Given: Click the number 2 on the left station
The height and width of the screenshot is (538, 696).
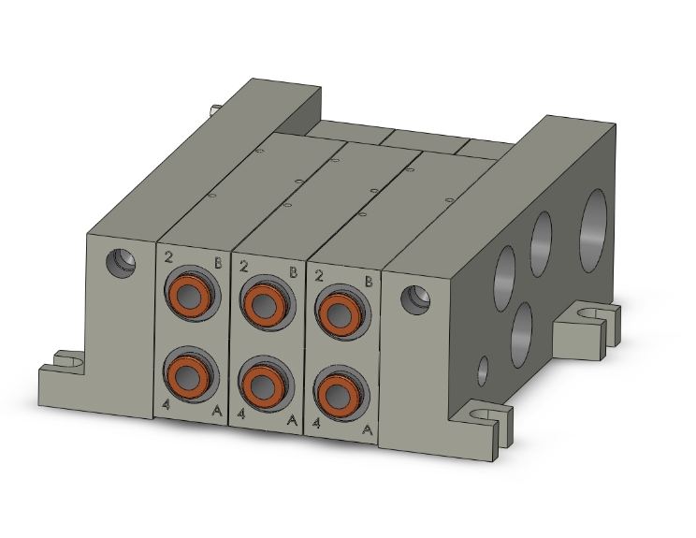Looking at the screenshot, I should (168, 256).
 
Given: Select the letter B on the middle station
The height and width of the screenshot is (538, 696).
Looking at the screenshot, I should (293, 271).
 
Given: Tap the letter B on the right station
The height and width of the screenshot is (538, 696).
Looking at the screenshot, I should (369, 280).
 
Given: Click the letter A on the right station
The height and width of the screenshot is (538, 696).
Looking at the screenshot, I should (368, 429).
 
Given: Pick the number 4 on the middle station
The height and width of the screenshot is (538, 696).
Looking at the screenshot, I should (242, 413).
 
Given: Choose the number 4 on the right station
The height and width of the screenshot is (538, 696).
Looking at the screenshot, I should (318, 423).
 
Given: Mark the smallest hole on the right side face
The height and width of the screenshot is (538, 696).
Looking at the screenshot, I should (483, 371).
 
